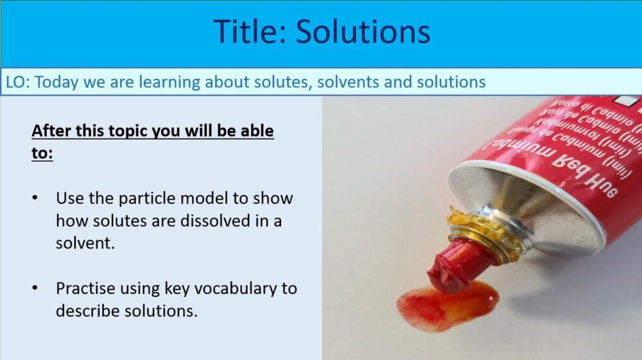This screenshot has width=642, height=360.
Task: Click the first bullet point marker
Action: (35, 198)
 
